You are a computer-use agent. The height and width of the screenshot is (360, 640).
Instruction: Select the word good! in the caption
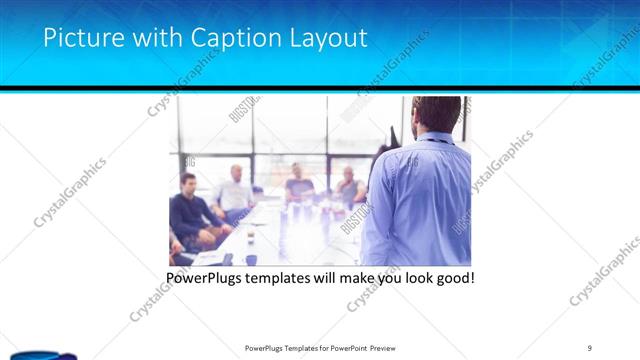click(453, 277)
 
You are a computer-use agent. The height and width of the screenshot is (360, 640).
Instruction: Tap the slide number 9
click(590, 348)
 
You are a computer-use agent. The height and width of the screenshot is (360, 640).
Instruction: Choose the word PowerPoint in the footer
click(340, 348)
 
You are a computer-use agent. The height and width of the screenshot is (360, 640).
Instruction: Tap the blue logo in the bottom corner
click(30, 354)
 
